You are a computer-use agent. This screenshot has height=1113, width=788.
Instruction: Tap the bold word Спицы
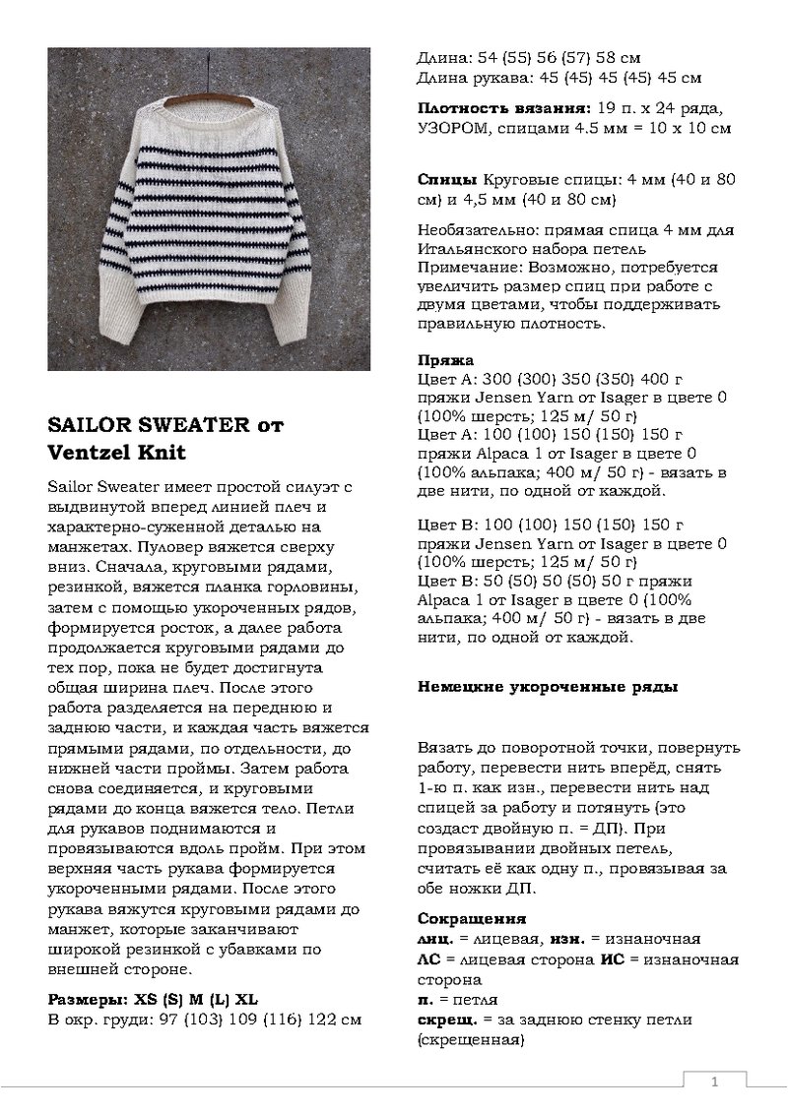coord(447,182)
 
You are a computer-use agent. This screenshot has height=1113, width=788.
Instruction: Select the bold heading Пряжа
coord(446,360)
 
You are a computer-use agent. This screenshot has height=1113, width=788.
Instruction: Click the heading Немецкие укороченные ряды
coord(548,687)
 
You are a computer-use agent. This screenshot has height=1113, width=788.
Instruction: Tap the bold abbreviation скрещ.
coord(446,1020)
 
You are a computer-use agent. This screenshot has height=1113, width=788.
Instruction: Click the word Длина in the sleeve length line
coord(442,77)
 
